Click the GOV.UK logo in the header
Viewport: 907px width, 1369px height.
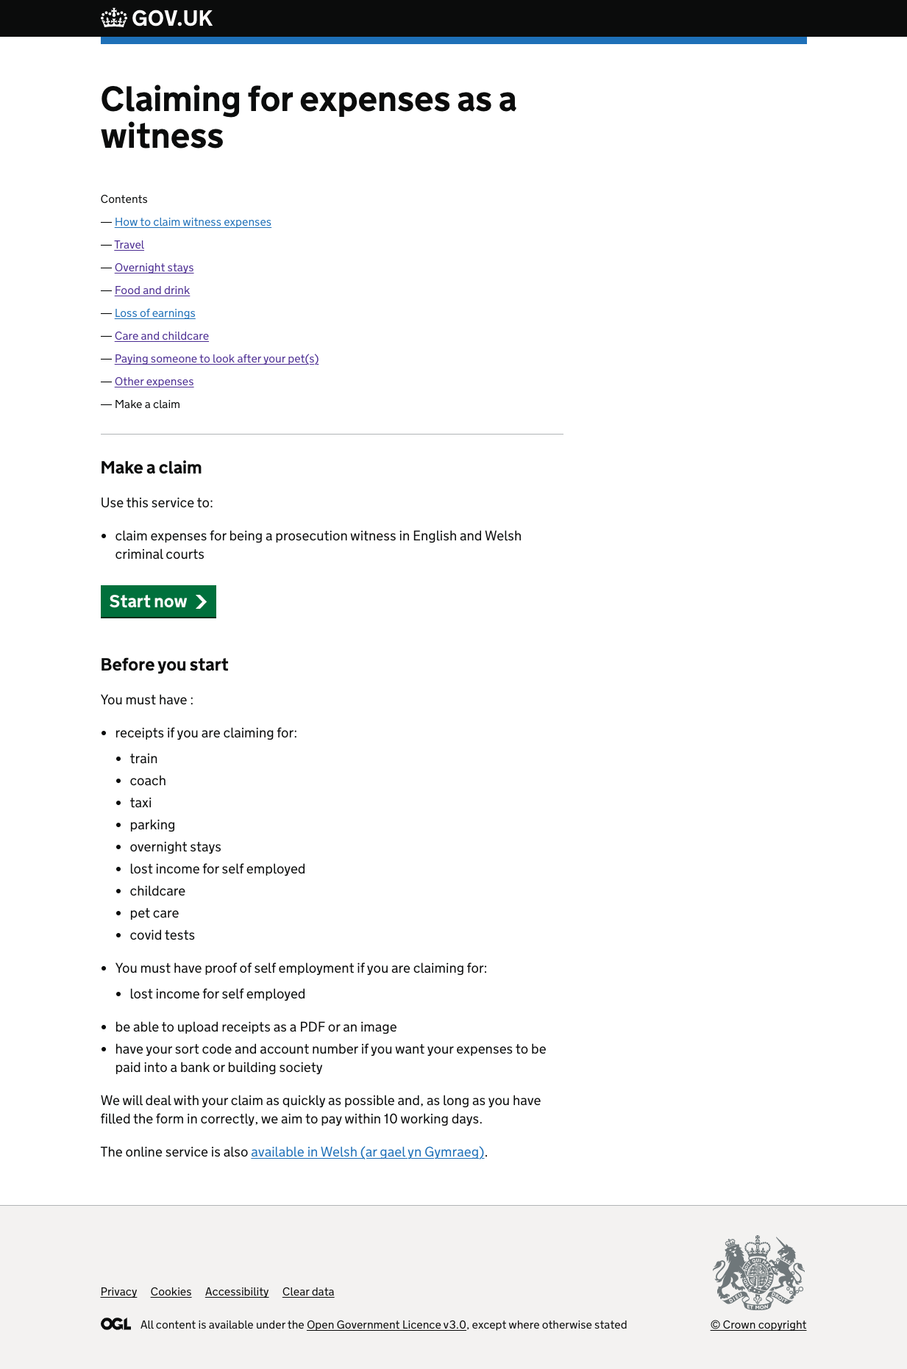pyautogui.click(x=157, y=18)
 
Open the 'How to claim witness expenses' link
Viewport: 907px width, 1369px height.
pyautogui.click(x=193, y=222)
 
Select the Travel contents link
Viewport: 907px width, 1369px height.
pyautogui.click(x=129, y=245)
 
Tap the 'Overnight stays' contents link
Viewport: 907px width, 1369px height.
pyautogui.click(x=154, y=268)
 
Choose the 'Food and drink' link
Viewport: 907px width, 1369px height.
pyautogui.click(x=152, y=290)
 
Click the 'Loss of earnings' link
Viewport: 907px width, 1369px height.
pyautogui.click(x=154, y=313)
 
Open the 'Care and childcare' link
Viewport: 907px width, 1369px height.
pyautogui.click(x=162, y=336)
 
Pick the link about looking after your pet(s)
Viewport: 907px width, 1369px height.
pyautogui.click(x=216, y=359)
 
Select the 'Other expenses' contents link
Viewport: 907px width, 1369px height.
pyautogui.click(x=154, y=382)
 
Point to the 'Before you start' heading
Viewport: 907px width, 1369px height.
pyautogui.click(x=164, y=665)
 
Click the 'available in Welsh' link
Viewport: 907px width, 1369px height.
pyautogui.click(x=367, y=1152)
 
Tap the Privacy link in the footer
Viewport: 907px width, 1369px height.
pyautogui.click(x=118, y=1292)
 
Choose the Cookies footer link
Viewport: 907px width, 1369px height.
pyautogui.click(x=171, y=1292)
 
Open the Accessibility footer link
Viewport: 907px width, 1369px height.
pyautogui.click(x=237, y=1292)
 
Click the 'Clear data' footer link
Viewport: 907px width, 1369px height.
pyautogui.click(x=308, y=1292)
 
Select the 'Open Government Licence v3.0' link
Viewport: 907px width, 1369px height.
pyautogui.click(x=386, y=1325)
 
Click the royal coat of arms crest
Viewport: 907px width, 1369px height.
pyautogui.click(x=758, y=1273)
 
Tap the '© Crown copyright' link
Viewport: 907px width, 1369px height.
pyautogui.click(x=758, y=1325)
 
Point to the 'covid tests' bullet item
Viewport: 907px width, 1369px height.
pyautogui.click(x=162, y=935)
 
